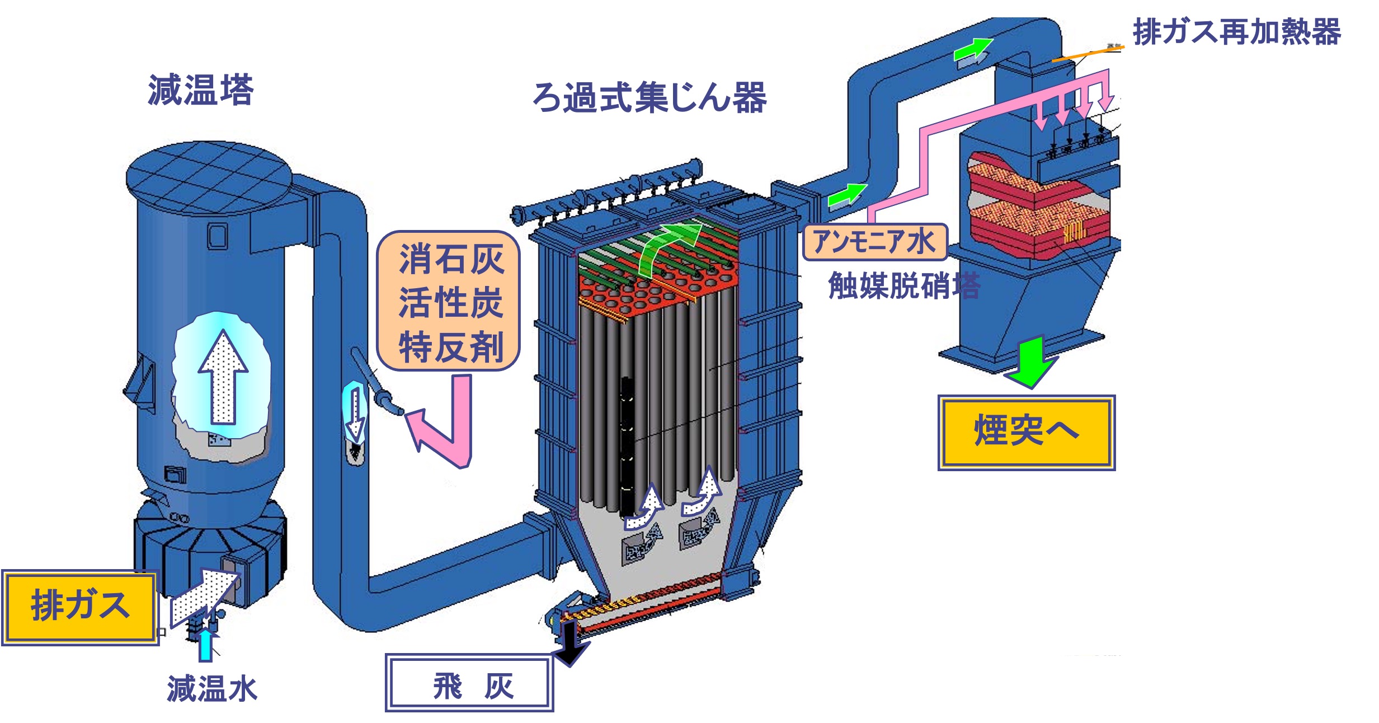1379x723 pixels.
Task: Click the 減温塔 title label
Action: (x=201, y=90)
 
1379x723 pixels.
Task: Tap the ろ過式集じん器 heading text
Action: (x=649, y=97)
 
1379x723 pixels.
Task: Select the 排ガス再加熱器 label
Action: (x=1237, y=31)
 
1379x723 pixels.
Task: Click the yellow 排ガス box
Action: (x=80, y=607)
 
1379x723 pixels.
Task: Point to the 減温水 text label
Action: (x=212, y=688)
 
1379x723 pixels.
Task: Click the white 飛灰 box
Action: (x=469, y=683)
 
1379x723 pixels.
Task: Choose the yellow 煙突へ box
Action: (x=1027, y=433)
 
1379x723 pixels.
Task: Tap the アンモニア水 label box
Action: (x=875, y=242)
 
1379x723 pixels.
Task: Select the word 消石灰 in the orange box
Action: (x=451, y=259)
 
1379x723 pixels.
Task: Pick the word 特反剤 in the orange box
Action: (x=451, y=347)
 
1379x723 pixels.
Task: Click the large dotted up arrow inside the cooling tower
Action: (x=223, y=377)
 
